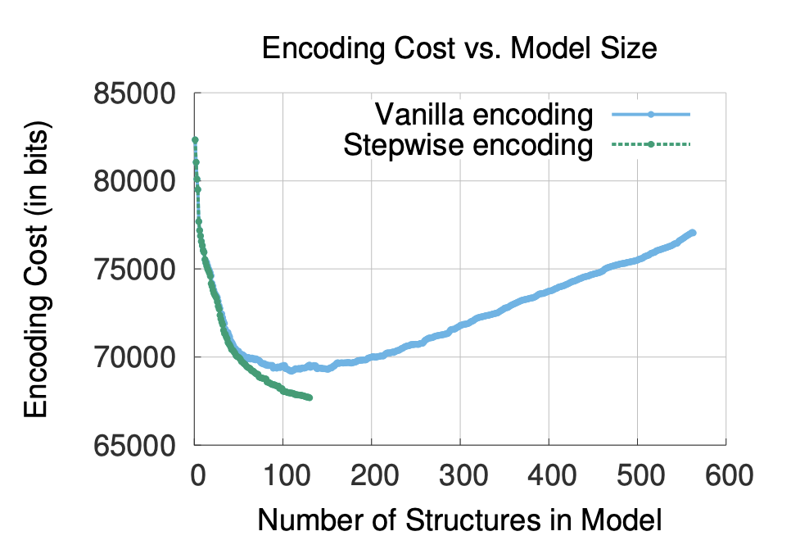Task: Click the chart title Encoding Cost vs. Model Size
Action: [x=459, y=48]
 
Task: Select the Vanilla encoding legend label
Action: [x=482, y=114]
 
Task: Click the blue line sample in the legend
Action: [x=651, y=115]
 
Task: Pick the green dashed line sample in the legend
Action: [x=651, y=145]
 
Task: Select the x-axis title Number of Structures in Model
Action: [x=459, y=520]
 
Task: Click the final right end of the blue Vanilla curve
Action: [x=692, y=234]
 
